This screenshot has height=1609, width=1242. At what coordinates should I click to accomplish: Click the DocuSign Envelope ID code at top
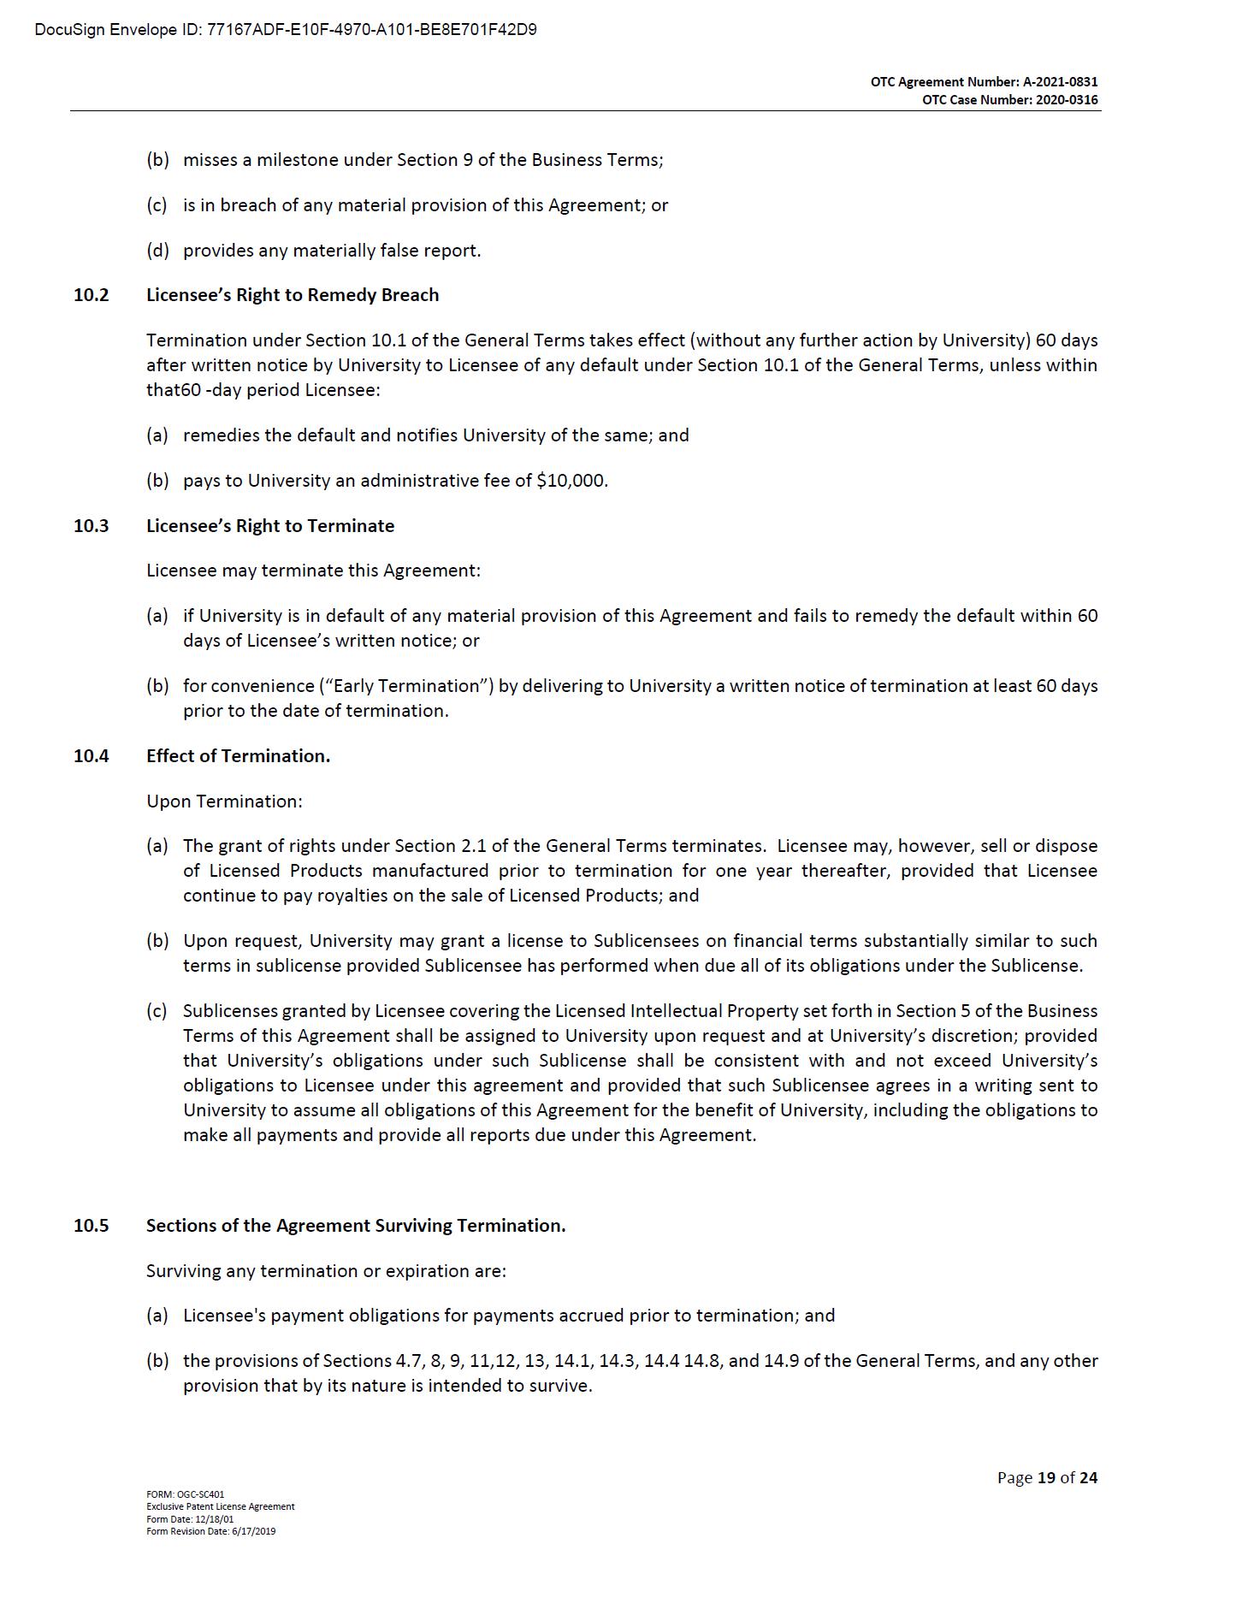point(371,30)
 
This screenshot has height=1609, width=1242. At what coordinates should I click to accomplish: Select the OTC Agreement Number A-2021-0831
point(1060,82)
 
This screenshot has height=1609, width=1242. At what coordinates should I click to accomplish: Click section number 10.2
point(92,295)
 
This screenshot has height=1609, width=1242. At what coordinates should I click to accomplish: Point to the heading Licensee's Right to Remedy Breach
point(293,295)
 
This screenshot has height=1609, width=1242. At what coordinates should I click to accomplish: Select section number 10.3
point(92,526)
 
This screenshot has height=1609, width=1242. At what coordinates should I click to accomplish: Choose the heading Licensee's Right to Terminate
point(270,526)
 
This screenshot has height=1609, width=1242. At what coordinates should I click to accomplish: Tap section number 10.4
point(92,756)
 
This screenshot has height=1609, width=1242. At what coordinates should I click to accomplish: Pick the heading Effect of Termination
point(238,756)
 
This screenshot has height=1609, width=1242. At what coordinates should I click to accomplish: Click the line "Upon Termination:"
point(224,802)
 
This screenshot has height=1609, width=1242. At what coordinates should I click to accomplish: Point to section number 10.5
point(92,1226)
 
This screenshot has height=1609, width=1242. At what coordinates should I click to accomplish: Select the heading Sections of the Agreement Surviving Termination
point(356,1226)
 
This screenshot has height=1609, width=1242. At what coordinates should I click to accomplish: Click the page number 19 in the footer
point(1046,1477)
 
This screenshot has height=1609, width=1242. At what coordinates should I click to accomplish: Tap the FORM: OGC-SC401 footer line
point(186,1494)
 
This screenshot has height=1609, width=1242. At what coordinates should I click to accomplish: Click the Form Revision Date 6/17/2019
point(211,1531)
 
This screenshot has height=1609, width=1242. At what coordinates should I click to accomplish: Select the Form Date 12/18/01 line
point(190,1519)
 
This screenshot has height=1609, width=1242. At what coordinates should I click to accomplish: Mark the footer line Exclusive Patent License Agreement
point(221,1506)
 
